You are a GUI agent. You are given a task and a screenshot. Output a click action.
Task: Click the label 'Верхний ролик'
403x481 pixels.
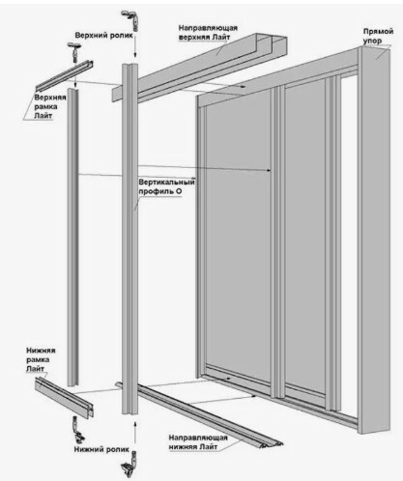point(103,35)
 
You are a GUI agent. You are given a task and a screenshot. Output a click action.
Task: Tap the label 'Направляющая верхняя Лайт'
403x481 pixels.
point(208,33)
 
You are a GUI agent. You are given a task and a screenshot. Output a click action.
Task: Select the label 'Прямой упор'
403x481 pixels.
point(378,36)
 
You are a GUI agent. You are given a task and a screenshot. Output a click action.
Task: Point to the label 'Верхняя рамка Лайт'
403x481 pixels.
point(50,106)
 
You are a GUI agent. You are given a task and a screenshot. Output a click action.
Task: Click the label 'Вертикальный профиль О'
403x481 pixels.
point(166,186)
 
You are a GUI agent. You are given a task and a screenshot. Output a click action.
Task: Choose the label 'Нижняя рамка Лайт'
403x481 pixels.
point(41,359)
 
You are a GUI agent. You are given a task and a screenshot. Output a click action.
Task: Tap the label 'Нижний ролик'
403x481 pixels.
point(101,449)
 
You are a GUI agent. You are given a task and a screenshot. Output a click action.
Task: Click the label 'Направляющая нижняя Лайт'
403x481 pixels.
point(198,442)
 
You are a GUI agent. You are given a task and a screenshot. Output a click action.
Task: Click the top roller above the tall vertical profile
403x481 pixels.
point(134,20)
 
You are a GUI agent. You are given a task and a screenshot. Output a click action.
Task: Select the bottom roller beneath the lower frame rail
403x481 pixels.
point(78,430)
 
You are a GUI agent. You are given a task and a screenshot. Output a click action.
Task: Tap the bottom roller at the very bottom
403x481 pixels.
point(130,465)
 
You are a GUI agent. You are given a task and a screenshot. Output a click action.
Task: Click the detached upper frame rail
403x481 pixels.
point(64,76)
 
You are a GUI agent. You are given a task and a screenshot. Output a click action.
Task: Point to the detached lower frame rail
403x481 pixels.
point(64,398)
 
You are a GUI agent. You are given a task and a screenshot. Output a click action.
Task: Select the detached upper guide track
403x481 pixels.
point(200,68)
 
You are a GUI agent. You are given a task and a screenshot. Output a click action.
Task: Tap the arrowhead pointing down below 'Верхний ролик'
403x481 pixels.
point(135,53)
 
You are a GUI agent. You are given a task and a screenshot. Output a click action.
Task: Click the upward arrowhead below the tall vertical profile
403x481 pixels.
point(135,422)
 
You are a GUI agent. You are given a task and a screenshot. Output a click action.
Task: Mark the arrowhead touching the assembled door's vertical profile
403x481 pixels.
point(269,171)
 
